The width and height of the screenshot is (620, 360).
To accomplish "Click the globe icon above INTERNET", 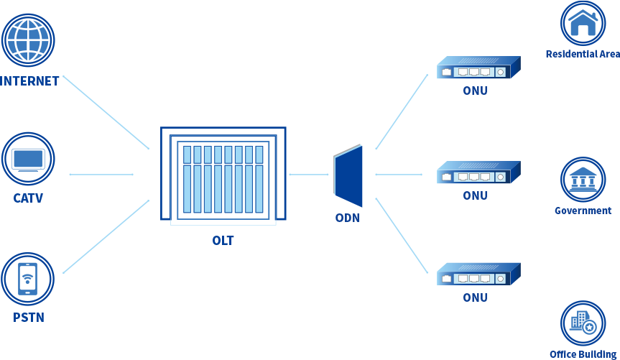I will click(x=29, y=41).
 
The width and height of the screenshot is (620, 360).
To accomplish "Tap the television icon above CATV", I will click(x=28, y=160).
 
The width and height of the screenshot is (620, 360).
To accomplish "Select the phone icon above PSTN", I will click(x=28, y=279).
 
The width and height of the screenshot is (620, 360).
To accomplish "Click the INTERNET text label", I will click(x=29, y=80).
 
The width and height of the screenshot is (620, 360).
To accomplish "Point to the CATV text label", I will click(x=28, y=198).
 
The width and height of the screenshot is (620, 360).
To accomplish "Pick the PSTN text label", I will click(x=28, y=317).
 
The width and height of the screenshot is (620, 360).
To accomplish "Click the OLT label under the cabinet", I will click(x=223, y=241).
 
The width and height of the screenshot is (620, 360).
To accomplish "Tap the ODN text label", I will click(x=348, y=218).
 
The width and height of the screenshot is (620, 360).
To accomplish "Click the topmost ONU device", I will click(x=478, y=68).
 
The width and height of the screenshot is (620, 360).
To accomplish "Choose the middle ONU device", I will click(x=478, y=172).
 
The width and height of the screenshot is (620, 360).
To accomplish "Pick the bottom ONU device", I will click(x=478, y=274).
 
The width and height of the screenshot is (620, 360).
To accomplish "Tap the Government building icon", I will click(x=583, y=180).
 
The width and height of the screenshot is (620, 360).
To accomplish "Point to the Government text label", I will click(x=583, y=211).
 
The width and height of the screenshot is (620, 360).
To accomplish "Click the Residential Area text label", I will click(x=582, y=54).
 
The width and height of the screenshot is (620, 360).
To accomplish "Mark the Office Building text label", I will click(x=583, y=354).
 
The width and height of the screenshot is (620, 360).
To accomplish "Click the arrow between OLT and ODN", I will click(x=308, y=174).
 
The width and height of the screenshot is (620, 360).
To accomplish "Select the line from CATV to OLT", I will click(x=101, y=174).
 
